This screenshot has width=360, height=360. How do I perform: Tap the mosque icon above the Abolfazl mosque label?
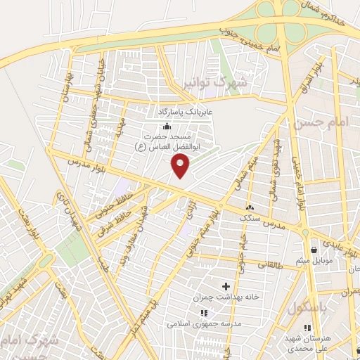click(x=167, y=127)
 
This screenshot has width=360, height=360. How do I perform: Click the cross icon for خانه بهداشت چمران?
click(x=226, y=286)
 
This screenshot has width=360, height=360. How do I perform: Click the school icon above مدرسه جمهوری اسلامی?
click(x=203, y=313)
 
